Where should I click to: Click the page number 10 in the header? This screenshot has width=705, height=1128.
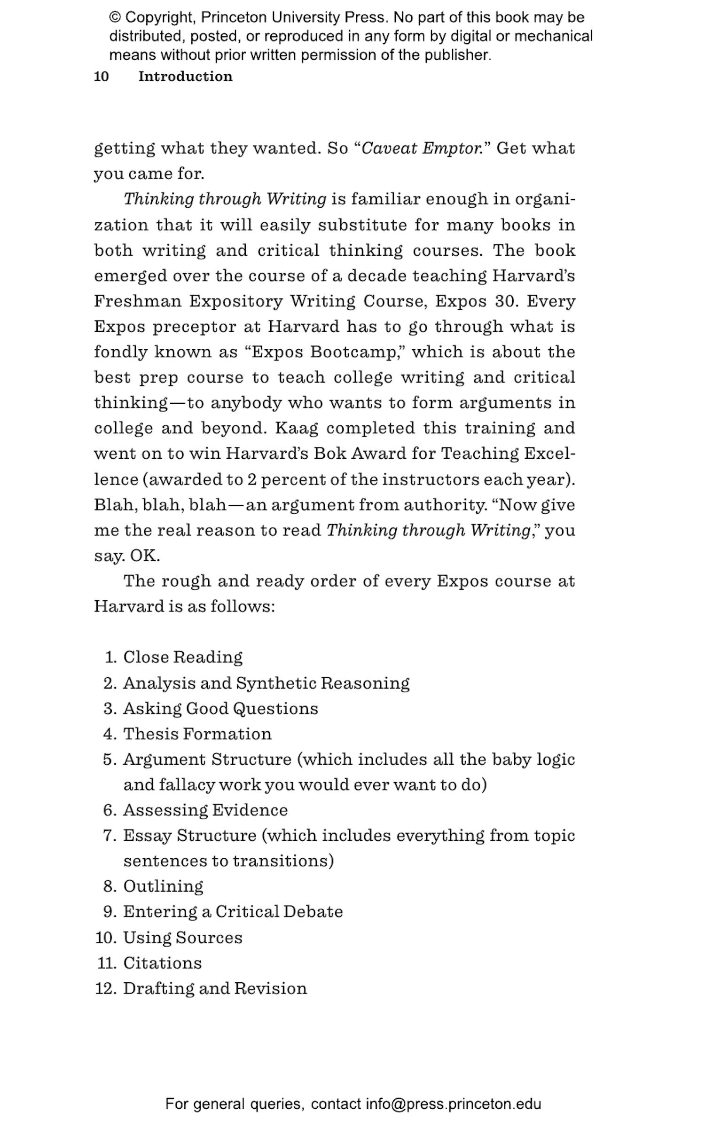[x=102, y=76]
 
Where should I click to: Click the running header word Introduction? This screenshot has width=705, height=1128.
[x=185, y=76]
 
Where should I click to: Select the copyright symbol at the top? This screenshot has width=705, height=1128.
[x=115, y=17]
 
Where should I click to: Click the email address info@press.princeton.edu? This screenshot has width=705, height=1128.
[x=454, y=1104]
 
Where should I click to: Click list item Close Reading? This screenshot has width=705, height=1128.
[x=183, y=657]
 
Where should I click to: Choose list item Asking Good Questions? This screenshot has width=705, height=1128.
[x=220, y=708]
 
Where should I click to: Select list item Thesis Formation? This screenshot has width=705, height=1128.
[x=197, y=734]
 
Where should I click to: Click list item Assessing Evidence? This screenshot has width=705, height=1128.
[x=205, y=810]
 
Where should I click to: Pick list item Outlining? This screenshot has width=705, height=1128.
[x=163, y=886]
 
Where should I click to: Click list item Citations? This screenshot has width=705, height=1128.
[x=162, y=963]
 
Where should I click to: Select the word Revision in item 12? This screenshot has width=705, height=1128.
[x=271, y=988]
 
